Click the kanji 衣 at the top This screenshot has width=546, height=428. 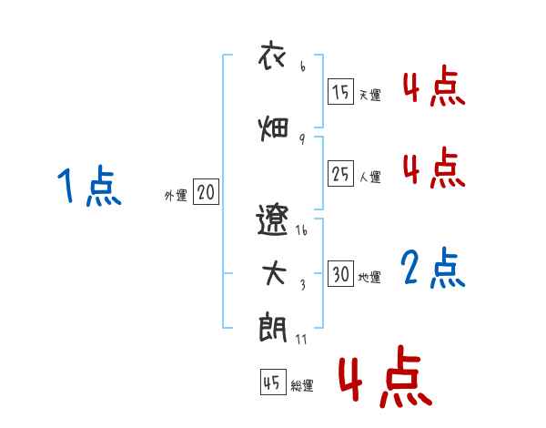[273, 56]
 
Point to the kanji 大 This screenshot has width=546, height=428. [274, 273]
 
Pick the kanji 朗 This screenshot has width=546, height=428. [274, 327]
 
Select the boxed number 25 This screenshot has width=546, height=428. [341, 173]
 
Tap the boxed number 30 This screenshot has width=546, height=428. [341, 274]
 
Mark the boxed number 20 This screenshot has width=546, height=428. [206, 192]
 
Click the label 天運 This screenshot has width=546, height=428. [369, 95]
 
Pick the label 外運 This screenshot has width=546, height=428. [175, 196]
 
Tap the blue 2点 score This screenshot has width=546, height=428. [433, 268]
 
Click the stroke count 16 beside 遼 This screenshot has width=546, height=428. [302, 229]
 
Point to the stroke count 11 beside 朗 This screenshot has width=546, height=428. [303, 341]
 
